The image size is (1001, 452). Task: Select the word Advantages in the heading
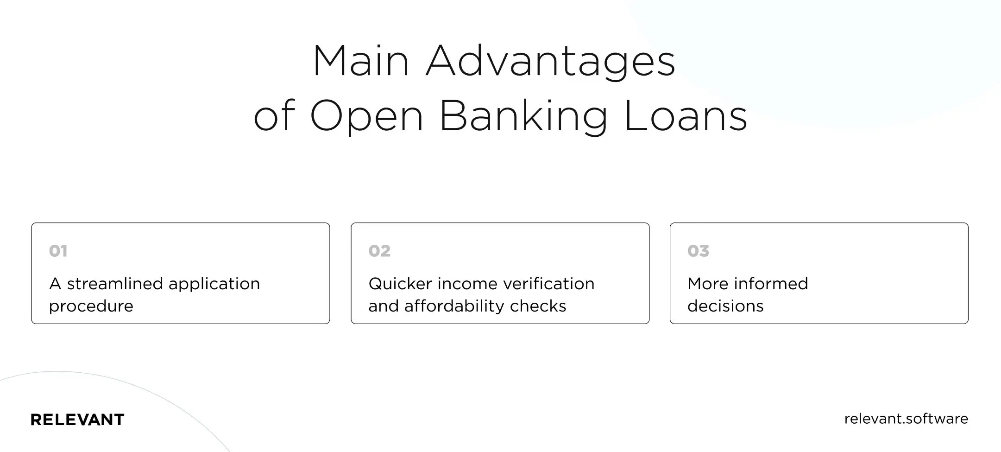pos(550,62)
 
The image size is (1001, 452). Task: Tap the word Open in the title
pos(366,116)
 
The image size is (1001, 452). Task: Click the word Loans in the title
pos(686,116)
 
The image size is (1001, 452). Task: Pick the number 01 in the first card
pos(58,251)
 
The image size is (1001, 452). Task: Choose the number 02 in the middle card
pos(379,251)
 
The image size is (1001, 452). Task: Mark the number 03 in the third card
pos(698,251)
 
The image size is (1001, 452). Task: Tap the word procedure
pos(91,306)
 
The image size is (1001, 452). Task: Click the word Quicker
pos(400,283)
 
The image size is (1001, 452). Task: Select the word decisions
pos(725,306)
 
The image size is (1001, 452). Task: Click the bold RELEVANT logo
pos(77,420)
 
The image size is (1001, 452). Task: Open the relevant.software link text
pos(906,419)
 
